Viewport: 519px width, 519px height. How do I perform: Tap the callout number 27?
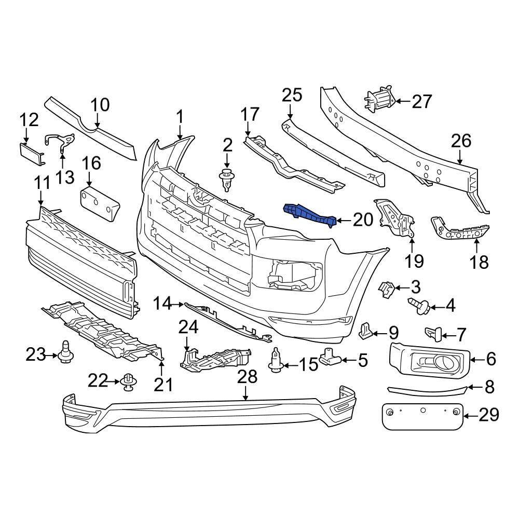coord(421,102)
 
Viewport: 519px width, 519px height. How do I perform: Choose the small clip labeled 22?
coord(128,383)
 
